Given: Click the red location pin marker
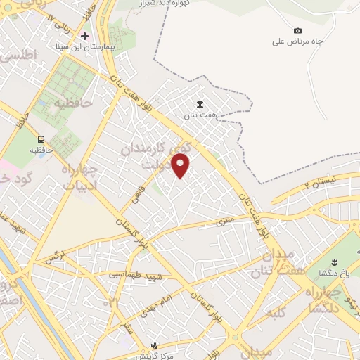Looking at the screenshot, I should (181, 166).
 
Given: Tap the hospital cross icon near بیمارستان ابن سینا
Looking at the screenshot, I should (85, 35).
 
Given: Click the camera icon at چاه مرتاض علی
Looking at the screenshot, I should (297, 31).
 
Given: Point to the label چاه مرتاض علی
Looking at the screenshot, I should (297, 41).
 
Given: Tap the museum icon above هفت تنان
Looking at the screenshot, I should (200, 105).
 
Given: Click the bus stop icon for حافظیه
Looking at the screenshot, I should (42, 139).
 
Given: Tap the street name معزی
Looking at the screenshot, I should (224, 221).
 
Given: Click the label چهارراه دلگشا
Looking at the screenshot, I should (323, 298).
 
